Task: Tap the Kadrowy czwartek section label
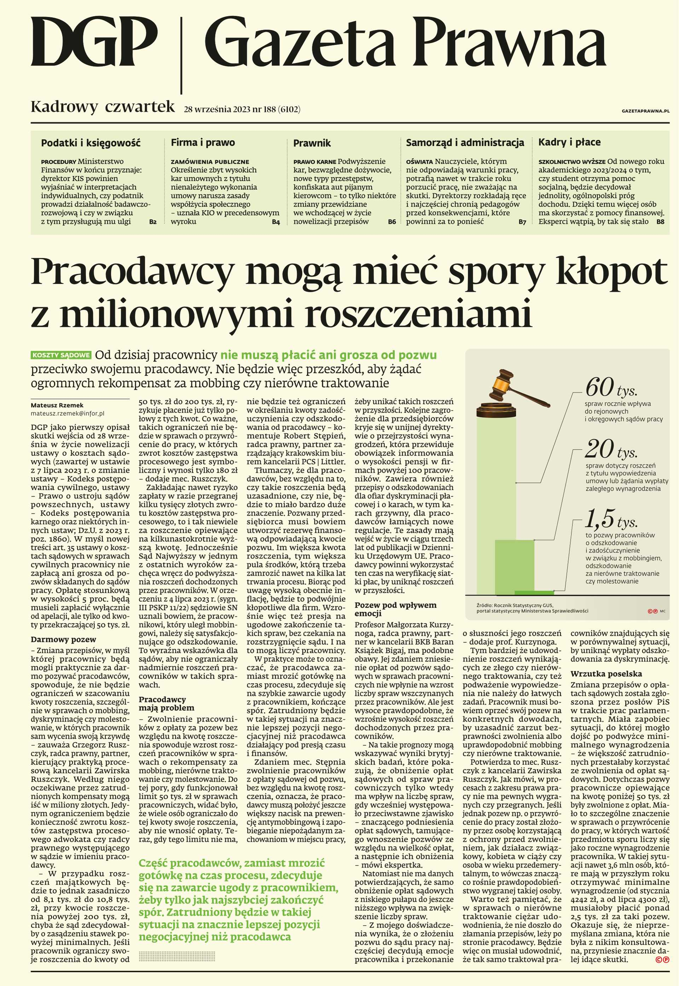click(103, 106)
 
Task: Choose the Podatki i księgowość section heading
click(90, 143)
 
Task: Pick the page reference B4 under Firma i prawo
click(276, 222)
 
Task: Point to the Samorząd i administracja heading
click(465, 143)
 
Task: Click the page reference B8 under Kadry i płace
click(660, 222)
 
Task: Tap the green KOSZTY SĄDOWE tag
click(61, 355)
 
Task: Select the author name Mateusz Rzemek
click(57, 405)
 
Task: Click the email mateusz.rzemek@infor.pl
click(67, 413)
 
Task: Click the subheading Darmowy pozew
click(63, 639)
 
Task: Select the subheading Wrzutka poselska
click(606, 674)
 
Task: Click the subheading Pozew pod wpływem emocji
click(395, 609)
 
